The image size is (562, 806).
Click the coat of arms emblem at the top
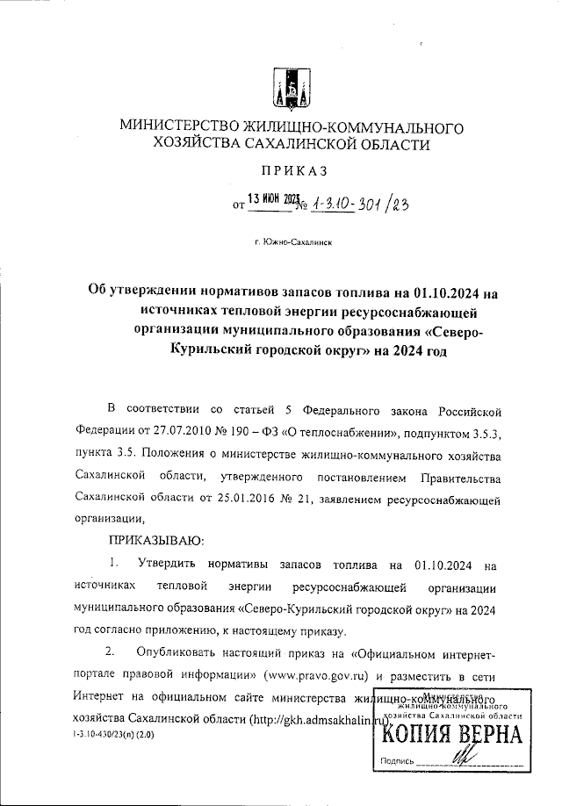pyautogui.click(x=285, y=84)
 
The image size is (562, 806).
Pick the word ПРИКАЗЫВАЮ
pyautogui.click(x=155, y=538)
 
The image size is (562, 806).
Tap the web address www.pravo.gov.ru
pyautogui.click(x=312, y=675)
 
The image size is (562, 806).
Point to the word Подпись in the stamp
pyautogui.click(x=397, y=761)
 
